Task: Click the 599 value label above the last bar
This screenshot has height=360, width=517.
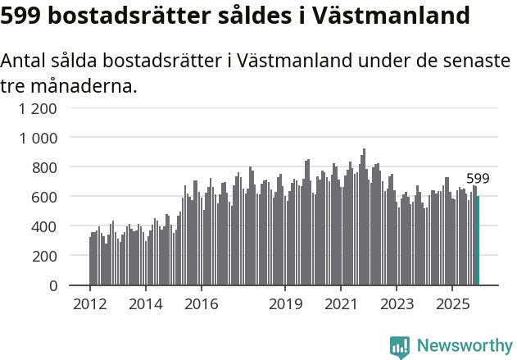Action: (x=478, y=179)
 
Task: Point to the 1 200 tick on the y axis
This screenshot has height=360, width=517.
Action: (x=39, y=108)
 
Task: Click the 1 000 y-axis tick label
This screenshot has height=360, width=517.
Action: (x=39, y=138)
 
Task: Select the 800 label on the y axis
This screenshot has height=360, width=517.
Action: (x=44, y=167)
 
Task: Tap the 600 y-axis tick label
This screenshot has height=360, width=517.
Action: (x=44, y=197)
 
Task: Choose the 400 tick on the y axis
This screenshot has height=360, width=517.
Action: (x=44, y=226)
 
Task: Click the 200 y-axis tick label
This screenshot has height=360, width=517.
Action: (x=44, y=256)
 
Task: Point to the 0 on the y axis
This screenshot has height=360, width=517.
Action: (x=52, y=285)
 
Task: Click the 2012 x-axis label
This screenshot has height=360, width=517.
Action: (x=89, y=304)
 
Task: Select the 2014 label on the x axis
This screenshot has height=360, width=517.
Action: (x=145, y=304)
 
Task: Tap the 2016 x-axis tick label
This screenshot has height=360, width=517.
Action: (x=201, y=304)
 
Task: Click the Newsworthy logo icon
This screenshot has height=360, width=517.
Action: (x=400, y=347)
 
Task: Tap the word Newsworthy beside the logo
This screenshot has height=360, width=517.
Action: (x=465, y=347)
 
